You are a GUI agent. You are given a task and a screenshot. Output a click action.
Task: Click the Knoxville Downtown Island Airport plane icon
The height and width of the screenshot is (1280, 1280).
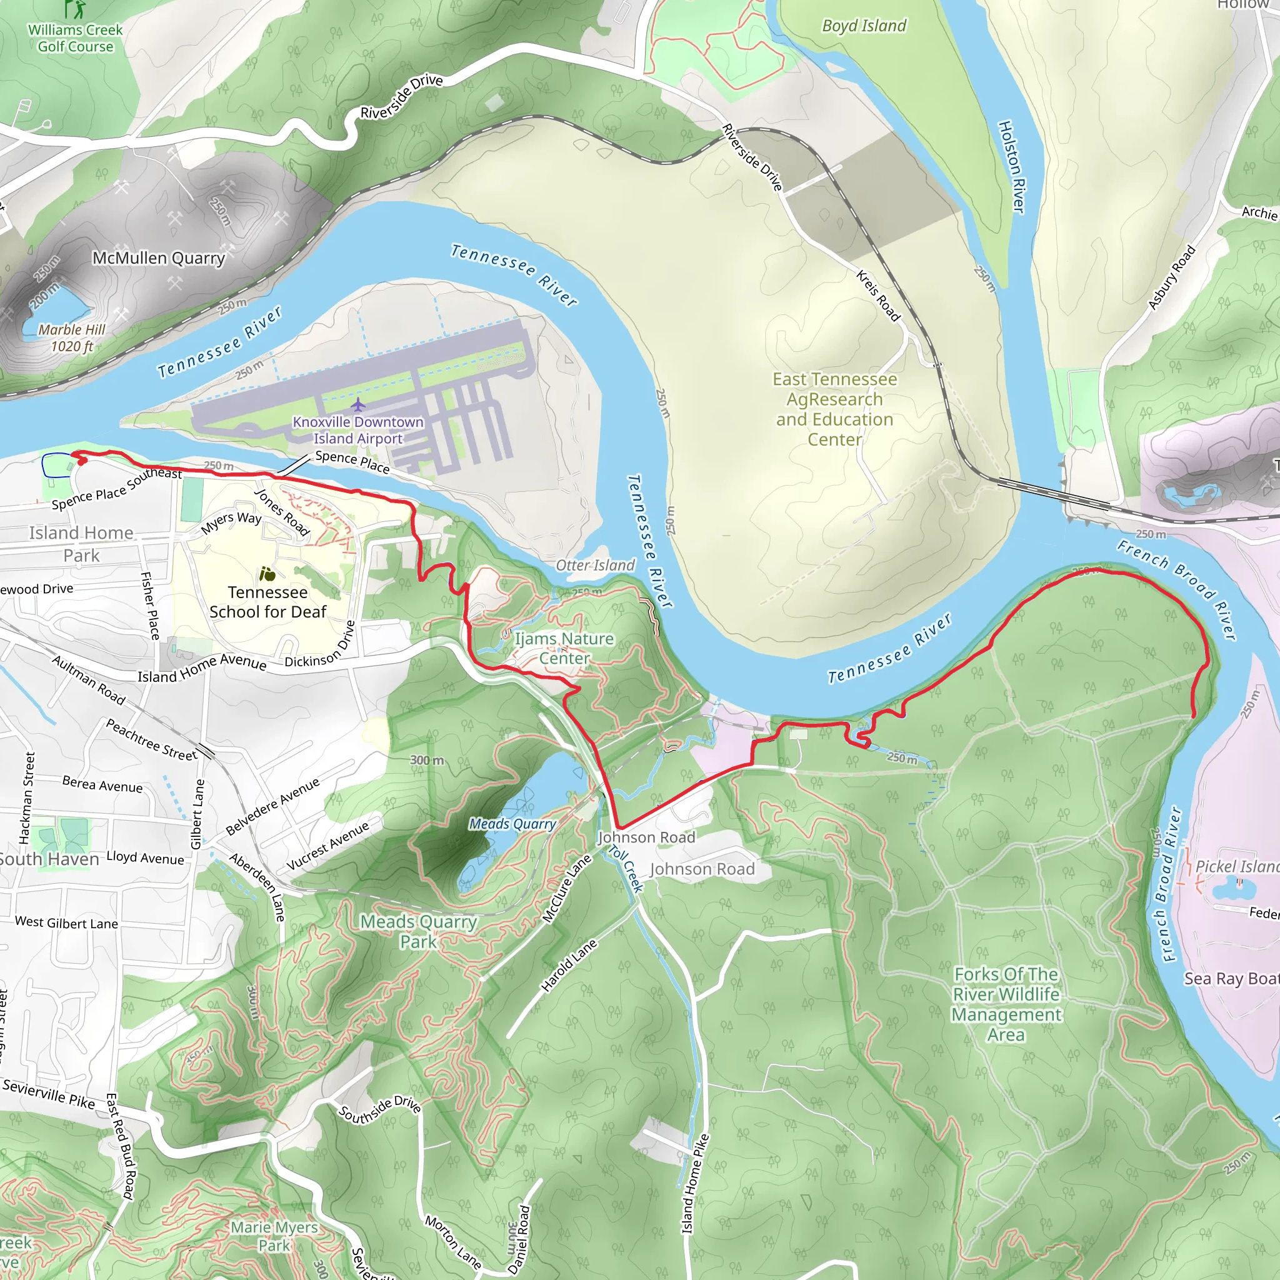tap(357, 405)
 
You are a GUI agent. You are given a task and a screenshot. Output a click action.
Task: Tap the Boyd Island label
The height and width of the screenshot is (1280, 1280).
tap(864, 26)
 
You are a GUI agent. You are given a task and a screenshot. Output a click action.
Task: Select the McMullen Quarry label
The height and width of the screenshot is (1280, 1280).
tap(158, 257)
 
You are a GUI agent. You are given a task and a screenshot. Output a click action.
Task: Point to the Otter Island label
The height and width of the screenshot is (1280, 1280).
tap(595, 565)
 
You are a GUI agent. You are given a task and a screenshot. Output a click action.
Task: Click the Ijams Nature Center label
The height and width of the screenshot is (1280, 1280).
tap(564, 648)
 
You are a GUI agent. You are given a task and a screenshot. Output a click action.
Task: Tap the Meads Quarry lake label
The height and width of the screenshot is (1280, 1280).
tap(512, 824)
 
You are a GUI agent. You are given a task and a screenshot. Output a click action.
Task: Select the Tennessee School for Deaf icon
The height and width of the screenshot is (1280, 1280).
tap(267, 574)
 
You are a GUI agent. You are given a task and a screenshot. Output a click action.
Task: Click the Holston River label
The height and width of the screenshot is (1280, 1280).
tap(1012, 167)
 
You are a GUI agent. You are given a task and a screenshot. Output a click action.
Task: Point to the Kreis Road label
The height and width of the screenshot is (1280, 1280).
tap(879, 296)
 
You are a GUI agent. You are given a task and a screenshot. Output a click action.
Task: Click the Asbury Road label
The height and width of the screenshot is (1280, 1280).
tap(1171, 277)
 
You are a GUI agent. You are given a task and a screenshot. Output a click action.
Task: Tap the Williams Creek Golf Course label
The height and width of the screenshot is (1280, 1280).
tap(76, 38)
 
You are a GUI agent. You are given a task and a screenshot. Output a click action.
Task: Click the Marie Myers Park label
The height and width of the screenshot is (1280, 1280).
tap(274, 1236)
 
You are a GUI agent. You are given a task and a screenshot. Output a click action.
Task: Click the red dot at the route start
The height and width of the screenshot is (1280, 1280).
tap(82, 461)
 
